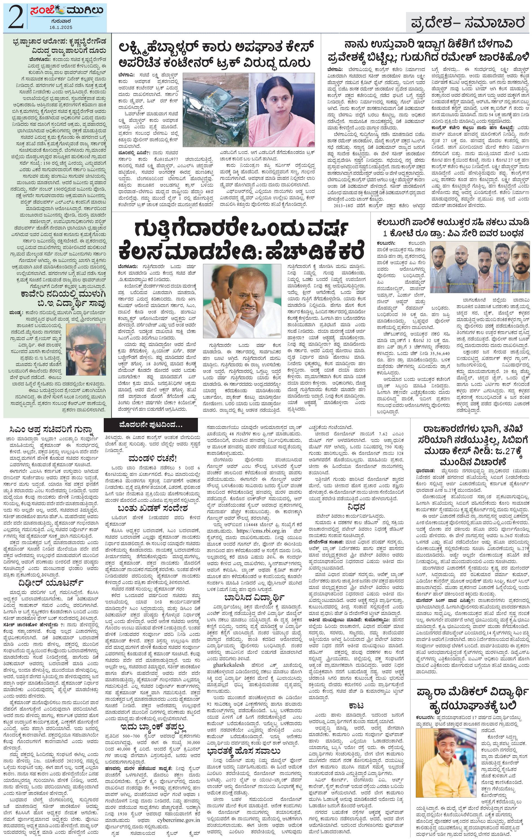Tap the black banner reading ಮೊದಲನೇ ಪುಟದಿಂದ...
click(150, 425)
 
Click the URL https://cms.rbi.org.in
click(261, 531)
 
